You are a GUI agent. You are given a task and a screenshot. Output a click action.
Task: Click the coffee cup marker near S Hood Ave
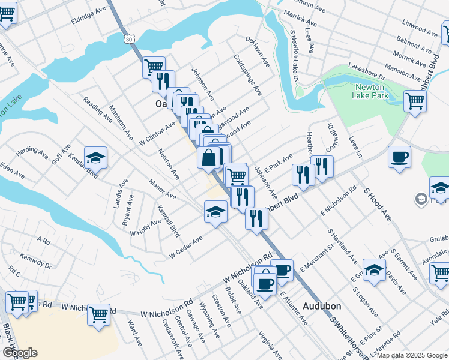399,157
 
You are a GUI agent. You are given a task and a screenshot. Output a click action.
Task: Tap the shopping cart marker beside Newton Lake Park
415,101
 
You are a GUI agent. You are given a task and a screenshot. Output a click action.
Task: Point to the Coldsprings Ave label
248,76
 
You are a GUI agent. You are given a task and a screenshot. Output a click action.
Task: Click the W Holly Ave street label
146,227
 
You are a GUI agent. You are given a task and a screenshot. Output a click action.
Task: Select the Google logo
19,353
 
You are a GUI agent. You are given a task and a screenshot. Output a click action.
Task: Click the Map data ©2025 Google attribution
411,355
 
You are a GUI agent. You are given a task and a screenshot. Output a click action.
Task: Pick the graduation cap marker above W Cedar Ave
215,211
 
